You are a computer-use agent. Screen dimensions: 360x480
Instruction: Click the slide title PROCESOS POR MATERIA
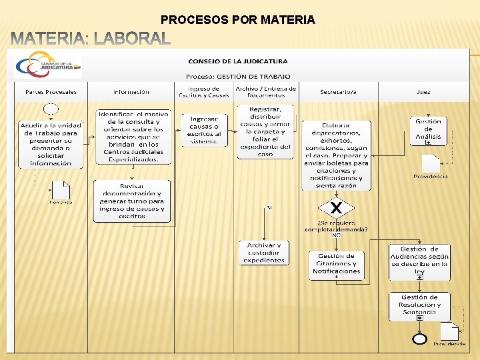(238, 20)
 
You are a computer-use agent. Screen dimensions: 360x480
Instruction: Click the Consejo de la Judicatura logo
(47, 66)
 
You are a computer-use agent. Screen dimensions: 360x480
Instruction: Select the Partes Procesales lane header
(51, 92)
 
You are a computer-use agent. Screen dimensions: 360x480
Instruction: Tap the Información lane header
(131, 92)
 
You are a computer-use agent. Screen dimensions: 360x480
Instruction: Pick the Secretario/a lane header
(338, 92)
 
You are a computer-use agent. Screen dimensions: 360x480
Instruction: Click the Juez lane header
(423, 92)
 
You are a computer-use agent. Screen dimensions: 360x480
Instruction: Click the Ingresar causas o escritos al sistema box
(204, 130)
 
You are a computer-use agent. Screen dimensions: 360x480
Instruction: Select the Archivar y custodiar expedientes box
(264, 253)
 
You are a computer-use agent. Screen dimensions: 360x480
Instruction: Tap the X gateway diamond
(337, 209)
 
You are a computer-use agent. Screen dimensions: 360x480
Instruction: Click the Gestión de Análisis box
(428, 131)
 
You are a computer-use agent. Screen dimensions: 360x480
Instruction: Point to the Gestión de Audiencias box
(420, 261)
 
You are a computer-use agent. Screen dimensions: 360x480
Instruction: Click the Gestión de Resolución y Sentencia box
(419, 306)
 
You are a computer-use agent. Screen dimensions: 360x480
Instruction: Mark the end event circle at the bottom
(419, 339)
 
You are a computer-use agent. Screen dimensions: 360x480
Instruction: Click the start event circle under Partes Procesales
(51, 109)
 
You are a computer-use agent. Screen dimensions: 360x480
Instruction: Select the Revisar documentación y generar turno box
(132, 201)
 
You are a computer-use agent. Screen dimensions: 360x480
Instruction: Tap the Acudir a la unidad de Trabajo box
(51, 143)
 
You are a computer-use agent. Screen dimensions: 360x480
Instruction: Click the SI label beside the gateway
(269, 207)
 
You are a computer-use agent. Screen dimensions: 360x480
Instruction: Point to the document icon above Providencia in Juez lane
(431, 163)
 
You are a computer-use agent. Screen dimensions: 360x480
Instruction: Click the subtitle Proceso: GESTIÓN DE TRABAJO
(237, 77)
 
